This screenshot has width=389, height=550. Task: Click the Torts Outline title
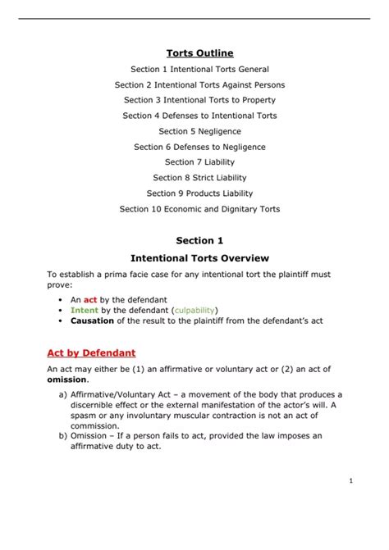[199, 53]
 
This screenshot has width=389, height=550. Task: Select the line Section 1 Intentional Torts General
[199, 70]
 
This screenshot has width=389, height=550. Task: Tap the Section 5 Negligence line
[199, 131]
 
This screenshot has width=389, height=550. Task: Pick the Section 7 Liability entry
[199, 162]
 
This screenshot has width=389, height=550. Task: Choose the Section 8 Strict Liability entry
[199, 178]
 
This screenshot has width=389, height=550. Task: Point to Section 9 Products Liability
[199, 193]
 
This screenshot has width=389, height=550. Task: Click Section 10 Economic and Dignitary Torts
[199, 209]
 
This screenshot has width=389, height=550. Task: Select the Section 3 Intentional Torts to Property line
[199, 100]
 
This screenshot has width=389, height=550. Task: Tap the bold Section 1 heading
[199, 240]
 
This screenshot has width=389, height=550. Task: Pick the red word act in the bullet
[91, 301]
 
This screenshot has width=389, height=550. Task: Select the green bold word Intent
[84, 311]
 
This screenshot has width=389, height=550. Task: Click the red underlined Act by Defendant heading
[91, 352]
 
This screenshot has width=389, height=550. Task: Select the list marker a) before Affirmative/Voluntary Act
[64, 393]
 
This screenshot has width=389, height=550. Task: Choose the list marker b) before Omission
[64, 436]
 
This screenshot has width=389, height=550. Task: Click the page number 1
[350, 481]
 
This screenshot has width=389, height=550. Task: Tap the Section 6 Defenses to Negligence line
[199, 147]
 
